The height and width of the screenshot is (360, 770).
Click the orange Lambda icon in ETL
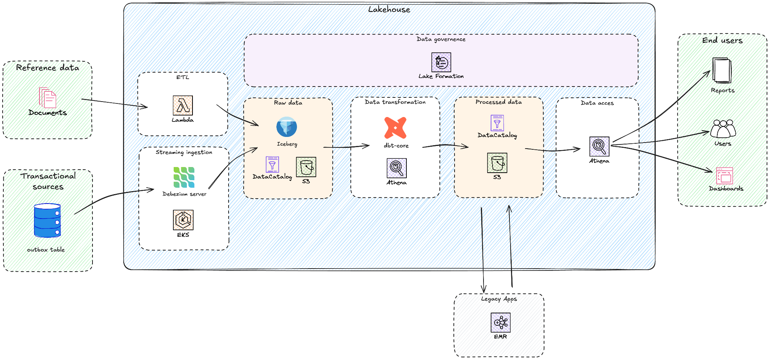[x=183, y=105]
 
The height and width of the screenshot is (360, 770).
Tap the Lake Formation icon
[x=441, y=62]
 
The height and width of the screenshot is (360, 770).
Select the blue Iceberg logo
[x=286, y=127]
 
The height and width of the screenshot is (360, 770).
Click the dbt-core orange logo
[x=396, y=128]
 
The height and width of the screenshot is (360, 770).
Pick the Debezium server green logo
[x=184, y=177]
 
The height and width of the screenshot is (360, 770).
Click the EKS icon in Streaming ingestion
[x=183, y=220]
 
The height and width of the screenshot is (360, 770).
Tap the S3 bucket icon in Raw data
[x=306, y=167]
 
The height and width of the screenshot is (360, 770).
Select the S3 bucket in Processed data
[x=497, y=163]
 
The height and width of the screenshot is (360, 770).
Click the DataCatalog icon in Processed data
[x=497, y=123]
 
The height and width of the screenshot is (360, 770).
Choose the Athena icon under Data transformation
[x=397, y=168]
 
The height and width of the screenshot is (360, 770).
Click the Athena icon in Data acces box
[x=599, y=146]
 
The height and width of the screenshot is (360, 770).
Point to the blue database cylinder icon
[x=47, y=220]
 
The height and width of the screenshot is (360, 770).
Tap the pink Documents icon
[x=48, y=98]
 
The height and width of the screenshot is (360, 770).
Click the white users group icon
[x=723, y=129]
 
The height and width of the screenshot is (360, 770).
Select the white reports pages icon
[x=721, y=70]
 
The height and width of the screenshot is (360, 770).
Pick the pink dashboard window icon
[x=725, y=176]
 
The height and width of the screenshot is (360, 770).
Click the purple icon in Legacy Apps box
[x=500, y=323]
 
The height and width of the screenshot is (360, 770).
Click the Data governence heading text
[x=441, y=39]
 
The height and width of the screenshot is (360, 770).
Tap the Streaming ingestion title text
[x=184, y=152]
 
